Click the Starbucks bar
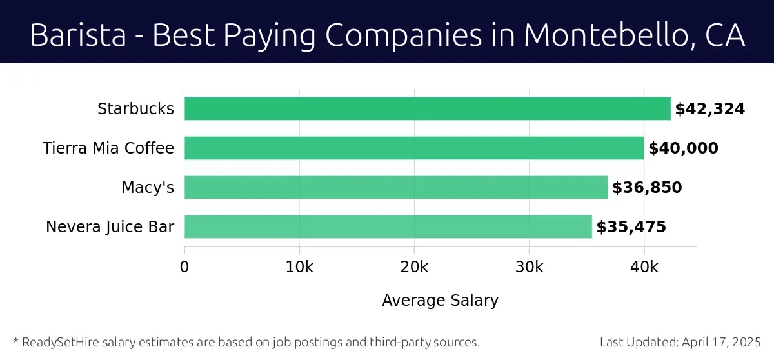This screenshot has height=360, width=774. [x=427, y=108]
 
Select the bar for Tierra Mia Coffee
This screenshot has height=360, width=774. [x=413, y=148]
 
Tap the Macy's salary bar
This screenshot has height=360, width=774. [x=395, y=187]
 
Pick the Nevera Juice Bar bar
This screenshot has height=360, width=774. [x=388, y=226]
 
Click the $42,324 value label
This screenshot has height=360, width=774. [x=709, y=109]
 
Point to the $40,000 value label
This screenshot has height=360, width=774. [x=683, y=148]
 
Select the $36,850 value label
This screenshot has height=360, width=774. [x=647, y=188]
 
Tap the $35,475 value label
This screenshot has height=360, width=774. [x=631, y=227]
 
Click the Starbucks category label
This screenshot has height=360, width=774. [x=135, y=109]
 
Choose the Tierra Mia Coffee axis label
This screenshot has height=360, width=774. [x=108, y=148]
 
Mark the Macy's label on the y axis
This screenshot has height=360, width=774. [x=148, y=188]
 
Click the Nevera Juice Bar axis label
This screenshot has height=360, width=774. [x=110, y=227]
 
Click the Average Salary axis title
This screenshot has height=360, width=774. [x=440, y=301]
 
